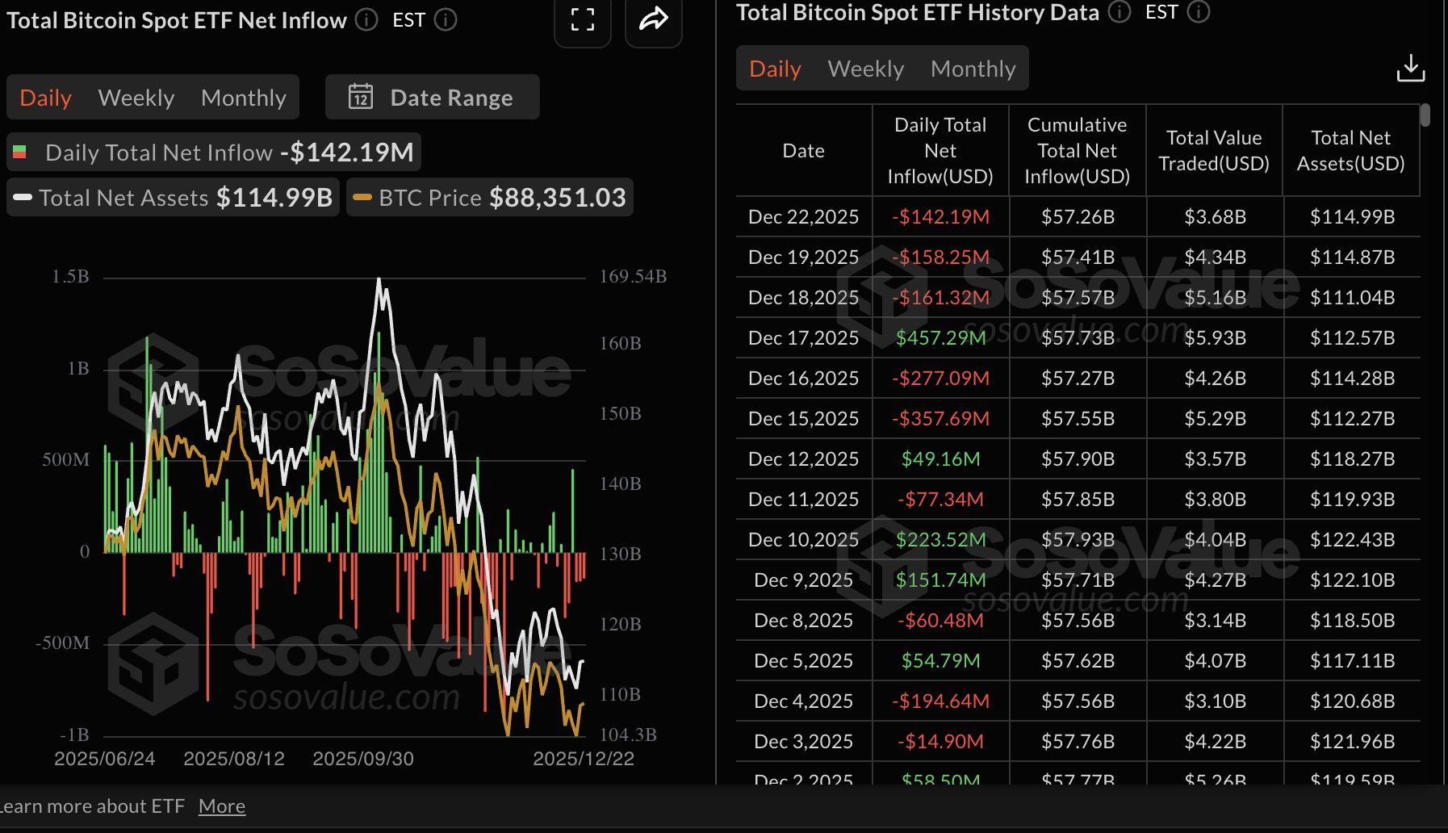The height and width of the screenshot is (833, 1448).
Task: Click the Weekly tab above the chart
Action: click(136, 98)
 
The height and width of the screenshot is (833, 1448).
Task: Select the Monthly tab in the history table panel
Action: click(973, 69)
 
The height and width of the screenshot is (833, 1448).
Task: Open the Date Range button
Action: click(433, 98)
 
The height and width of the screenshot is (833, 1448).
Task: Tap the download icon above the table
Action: click(1410, 69)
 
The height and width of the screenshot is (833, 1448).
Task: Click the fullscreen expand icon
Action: click(582, 19)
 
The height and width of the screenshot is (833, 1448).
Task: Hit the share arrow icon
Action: click(653, 19)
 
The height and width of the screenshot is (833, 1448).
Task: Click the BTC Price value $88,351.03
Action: click(557, 198)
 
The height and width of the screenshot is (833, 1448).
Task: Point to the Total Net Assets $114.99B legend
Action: click(174, 198)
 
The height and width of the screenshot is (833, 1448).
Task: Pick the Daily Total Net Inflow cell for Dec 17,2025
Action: click(940, 337)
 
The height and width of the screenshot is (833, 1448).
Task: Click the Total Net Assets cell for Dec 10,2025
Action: click(1352, 539)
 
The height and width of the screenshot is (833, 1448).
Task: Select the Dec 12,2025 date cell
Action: click(803, 458)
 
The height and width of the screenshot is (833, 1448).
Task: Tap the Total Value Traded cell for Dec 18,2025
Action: click(1215, 297)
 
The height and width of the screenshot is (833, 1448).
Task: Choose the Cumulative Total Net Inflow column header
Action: click(1077, 150)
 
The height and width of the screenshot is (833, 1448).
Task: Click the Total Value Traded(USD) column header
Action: click(1214, 150)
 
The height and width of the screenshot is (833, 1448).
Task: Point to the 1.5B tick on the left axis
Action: click(70, 277)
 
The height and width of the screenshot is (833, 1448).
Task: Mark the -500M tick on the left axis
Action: click(62, 643)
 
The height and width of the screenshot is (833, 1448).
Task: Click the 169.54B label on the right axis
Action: click(633, 277)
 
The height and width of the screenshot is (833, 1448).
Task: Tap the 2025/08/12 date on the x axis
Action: click(234, 759)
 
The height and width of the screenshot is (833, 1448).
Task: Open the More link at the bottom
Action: click(222, 806)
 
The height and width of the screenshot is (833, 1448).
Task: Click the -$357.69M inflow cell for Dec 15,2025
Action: click(940, 418)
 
